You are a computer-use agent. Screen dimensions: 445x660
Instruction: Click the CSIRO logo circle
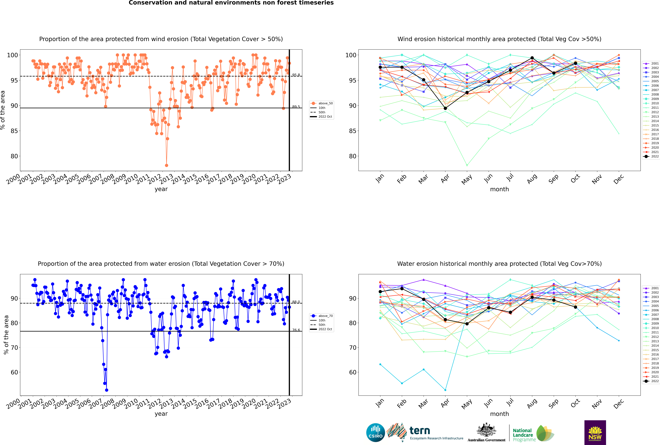tap(375, 433)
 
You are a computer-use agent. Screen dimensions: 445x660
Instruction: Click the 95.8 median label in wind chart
tap(296, 75)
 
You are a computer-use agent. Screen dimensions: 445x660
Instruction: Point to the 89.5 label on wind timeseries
tap(296, 107)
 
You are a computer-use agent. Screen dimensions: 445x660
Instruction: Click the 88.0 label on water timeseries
tap(296, 302)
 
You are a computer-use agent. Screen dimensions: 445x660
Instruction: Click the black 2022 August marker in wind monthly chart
tap(532, 58)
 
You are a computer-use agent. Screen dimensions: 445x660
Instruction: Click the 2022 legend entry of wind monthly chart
tap(651, 156)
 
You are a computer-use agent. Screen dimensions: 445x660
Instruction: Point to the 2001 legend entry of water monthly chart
tap(651, 288)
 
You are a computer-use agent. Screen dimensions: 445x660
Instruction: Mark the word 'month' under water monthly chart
tap(499, 414)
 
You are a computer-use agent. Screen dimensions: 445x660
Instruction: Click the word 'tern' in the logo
tap(420, 431)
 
